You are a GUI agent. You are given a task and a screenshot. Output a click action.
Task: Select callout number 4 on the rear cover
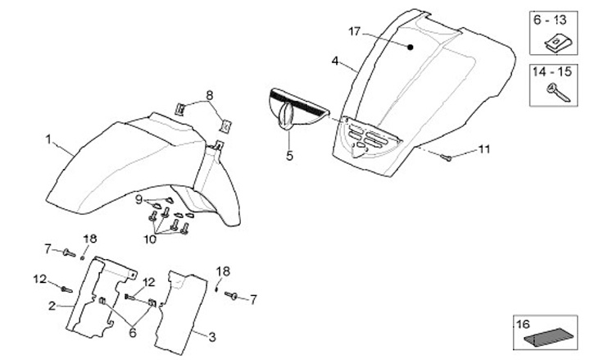pos(335,61)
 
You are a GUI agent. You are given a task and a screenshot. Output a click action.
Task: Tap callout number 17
pos(354,31)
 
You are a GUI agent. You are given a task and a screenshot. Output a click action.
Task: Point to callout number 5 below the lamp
pos(288,153)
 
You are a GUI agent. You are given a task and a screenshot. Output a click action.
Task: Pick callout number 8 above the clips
pos(209,95)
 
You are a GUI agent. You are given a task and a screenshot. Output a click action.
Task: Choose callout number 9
pos(139,199)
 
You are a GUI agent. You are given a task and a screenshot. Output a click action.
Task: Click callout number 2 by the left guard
pos(51,306)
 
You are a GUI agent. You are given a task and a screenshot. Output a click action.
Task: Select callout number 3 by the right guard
pos(211,337)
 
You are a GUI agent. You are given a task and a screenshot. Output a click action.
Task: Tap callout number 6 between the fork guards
pos(132,333)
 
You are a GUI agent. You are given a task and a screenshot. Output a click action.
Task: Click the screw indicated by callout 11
pos(447,157)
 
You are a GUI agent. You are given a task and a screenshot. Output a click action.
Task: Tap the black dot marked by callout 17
pos(411,48)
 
